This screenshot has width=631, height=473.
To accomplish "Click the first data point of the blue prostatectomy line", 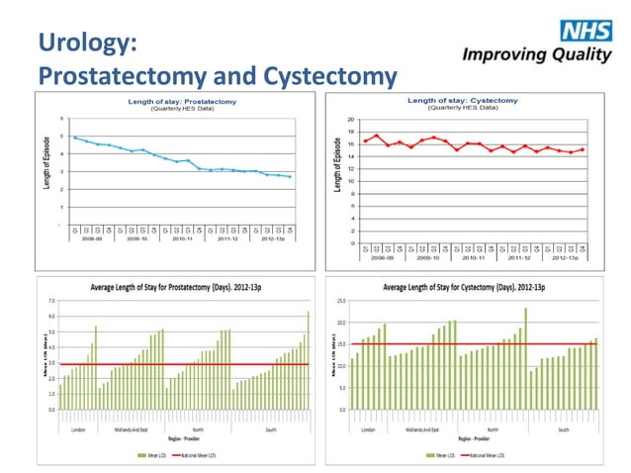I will click(x=74, y=138).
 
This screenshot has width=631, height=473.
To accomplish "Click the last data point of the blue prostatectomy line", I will click(x=290, y=177).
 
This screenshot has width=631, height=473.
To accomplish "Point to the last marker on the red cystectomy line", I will click(x=583, y=149).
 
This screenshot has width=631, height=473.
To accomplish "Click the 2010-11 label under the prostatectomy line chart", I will click(x=183, y=238).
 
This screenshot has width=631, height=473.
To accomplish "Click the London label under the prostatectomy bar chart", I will click(x=77, y=429).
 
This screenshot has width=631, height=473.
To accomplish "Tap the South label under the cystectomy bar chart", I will click(x=562, y=429).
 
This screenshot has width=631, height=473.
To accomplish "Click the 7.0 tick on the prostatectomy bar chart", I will click(x=50, y=299).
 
